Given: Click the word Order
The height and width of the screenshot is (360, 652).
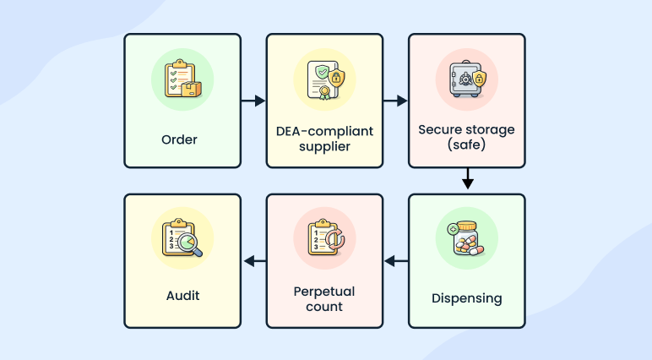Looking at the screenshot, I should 179,139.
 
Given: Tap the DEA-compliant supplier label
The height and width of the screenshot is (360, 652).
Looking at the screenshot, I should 324,139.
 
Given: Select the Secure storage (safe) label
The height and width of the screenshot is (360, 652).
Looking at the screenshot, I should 466,138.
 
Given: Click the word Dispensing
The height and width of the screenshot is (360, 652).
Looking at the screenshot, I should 466,297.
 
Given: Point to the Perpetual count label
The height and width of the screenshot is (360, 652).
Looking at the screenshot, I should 324,298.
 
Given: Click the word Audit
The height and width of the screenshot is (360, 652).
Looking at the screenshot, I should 182,296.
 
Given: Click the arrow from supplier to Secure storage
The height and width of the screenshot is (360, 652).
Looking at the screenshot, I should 396,101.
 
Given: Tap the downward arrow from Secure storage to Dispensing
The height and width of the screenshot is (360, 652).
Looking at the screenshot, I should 467,180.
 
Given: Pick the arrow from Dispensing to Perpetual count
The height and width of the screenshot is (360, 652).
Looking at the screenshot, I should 396,261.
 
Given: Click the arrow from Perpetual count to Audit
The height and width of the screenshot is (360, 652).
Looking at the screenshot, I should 253,261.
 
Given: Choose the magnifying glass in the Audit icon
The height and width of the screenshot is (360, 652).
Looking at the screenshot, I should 193,244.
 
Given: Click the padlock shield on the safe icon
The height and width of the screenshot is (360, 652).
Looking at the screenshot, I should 480,79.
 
